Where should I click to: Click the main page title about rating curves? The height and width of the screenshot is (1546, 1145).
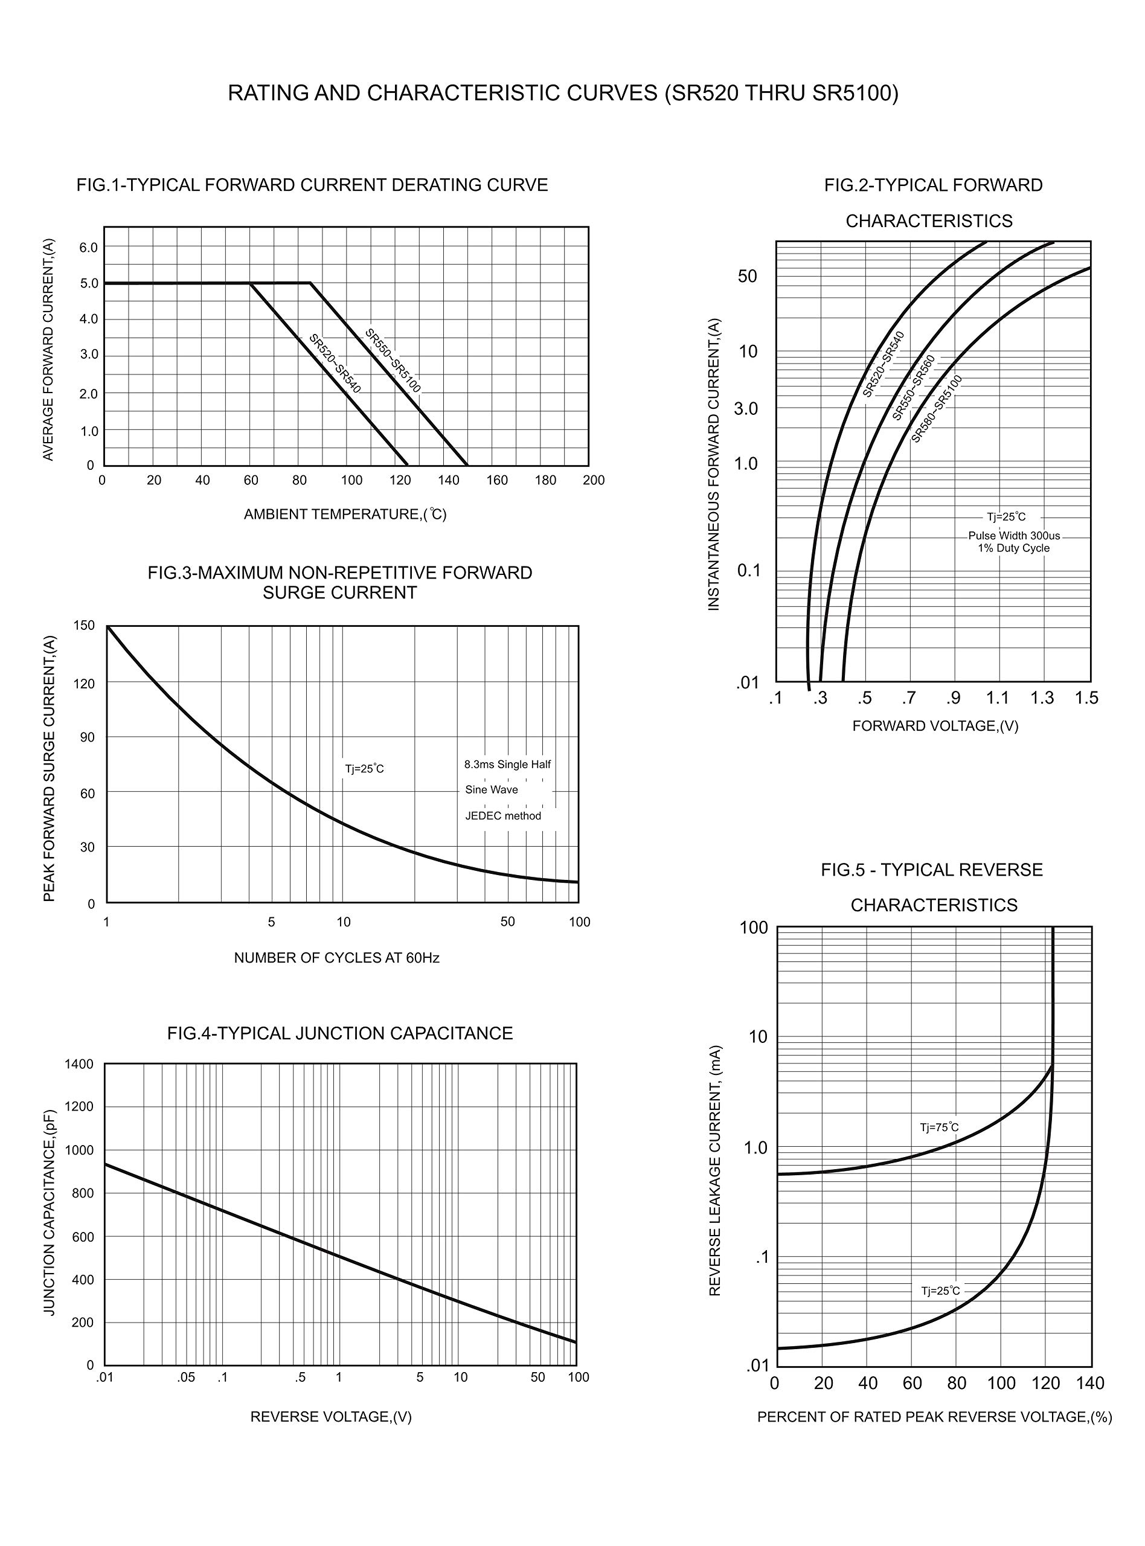pos(563,93)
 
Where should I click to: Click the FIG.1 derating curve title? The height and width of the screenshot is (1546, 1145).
pos(312,185)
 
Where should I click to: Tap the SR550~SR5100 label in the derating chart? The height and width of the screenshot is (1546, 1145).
pos(393,361)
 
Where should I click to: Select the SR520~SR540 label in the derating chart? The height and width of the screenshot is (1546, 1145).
pos(335,363)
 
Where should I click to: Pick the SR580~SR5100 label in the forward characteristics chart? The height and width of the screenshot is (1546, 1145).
pos(937,409)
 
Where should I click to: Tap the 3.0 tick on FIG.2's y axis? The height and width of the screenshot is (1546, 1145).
pos(746,409)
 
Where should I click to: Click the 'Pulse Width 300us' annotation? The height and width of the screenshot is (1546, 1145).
pos(1014,536)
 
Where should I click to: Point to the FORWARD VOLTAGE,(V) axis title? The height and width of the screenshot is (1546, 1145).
pos(935,725)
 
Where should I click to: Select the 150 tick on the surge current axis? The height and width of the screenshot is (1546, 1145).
pos(84,625)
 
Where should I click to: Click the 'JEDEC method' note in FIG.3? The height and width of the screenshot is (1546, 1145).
pos(503,816)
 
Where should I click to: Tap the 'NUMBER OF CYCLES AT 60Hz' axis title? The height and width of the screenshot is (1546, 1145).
pos(337,958)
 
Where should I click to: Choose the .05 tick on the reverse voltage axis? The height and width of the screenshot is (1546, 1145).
pos(186,1377)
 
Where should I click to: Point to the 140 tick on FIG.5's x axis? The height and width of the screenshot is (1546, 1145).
pos(1090,1383)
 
